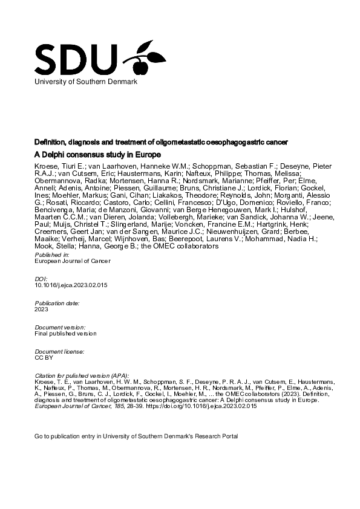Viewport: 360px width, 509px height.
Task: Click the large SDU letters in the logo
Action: click(76, 59)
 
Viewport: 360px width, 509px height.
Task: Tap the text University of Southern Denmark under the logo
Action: click(86, 81)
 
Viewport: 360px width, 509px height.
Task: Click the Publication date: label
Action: click(59, 302)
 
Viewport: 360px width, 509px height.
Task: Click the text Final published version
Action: click(65, 332)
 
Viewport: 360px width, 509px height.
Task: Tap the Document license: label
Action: click(59, 351)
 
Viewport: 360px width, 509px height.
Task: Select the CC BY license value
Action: click(44, 357)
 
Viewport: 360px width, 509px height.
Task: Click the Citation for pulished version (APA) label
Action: click(82, 375)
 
